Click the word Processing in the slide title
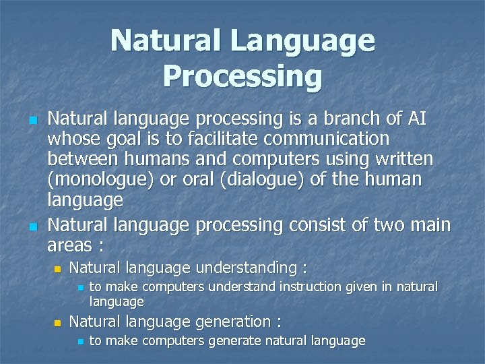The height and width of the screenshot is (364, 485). click(x=243, y=76)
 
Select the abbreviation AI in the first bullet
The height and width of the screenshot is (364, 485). click(x=416, y=119)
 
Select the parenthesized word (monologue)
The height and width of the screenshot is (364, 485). click(x=100, y=181)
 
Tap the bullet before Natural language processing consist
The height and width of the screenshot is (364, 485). click(x=31, y=223)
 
